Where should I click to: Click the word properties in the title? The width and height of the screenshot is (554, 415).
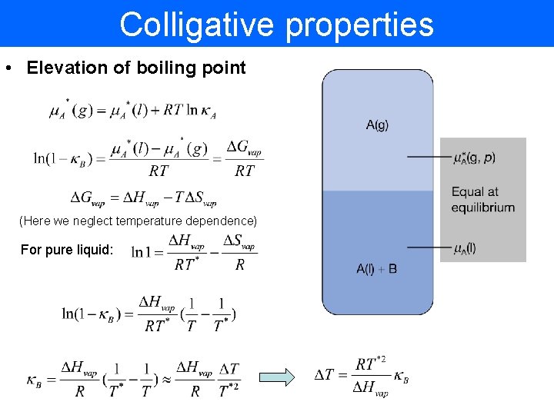click(359, 25)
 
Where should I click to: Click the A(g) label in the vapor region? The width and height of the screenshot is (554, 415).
click(377, 125)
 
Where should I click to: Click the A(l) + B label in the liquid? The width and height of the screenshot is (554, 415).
click(377, 269)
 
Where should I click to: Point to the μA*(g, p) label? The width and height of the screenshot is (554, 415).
click(474, 158)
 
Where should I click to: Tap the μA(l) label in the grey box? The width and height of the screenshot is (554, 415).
click(464, 247)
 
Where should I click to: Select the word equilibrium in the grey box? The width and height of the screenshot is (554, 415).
click(483, 207)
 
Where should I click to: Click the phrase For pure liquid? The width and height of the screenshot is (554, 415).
click(66, 250)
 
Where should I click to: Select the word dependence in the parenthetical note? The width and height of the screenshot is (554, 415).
click(223, 221)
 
